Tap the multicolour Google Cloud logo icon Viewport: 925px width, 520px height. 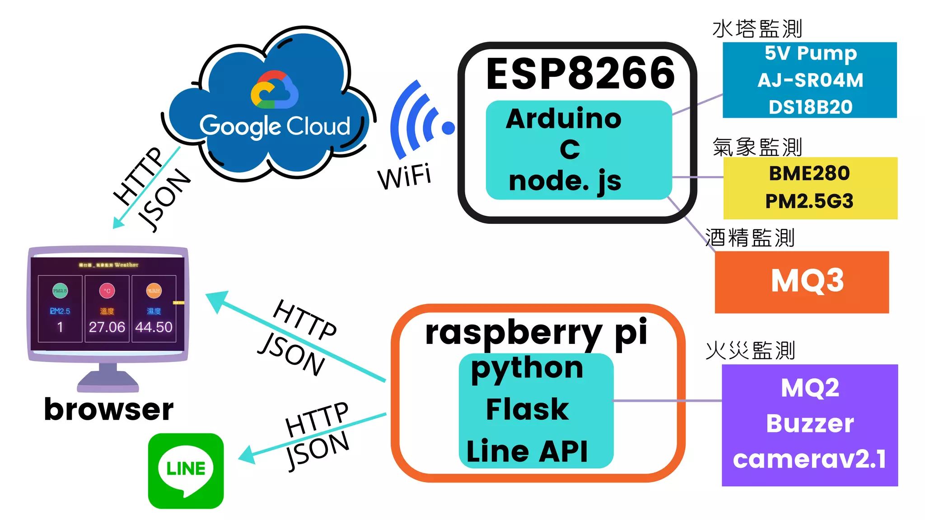click(x=274, y=90)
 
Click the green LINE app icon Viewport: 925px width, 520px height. click(x=186, y=470)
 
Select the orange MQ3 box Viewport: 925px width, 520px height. click(x=802, y=282)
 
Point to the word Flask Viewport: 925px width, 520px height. click(x=527, y=409)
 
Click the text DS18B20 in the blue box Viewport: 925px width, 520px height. click(x=810, y=107)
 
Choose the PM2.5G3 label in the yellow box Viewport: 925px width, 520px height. click(x=809, y=201)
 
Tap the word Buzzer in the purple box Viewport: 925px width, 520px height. click(x=810, y=423)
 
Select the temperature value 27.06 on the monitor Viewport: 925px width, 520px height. click(x=107, y=327)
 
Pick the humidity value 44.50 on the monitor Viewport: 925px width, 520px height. click(x=154, y=327)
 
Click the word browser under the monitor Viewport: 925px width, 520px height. click(x=108, y=409)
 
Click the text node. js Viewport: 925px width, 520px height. click(x=565, y=181)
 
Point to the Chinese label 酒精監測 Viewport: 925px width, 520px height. click(x=750, y=237)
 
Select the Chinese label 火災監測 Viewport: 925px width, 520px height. click(x=751, y=350)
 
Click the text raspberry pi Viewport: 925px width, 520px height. click(x=536, y=333)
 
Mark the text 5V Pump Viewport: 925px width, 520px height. click(x=810, y=53)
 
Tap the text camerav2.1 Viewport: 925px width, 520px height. click(x=809, y=459)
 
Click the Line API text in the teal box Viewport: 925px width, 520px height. click(x=527, y=451)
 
